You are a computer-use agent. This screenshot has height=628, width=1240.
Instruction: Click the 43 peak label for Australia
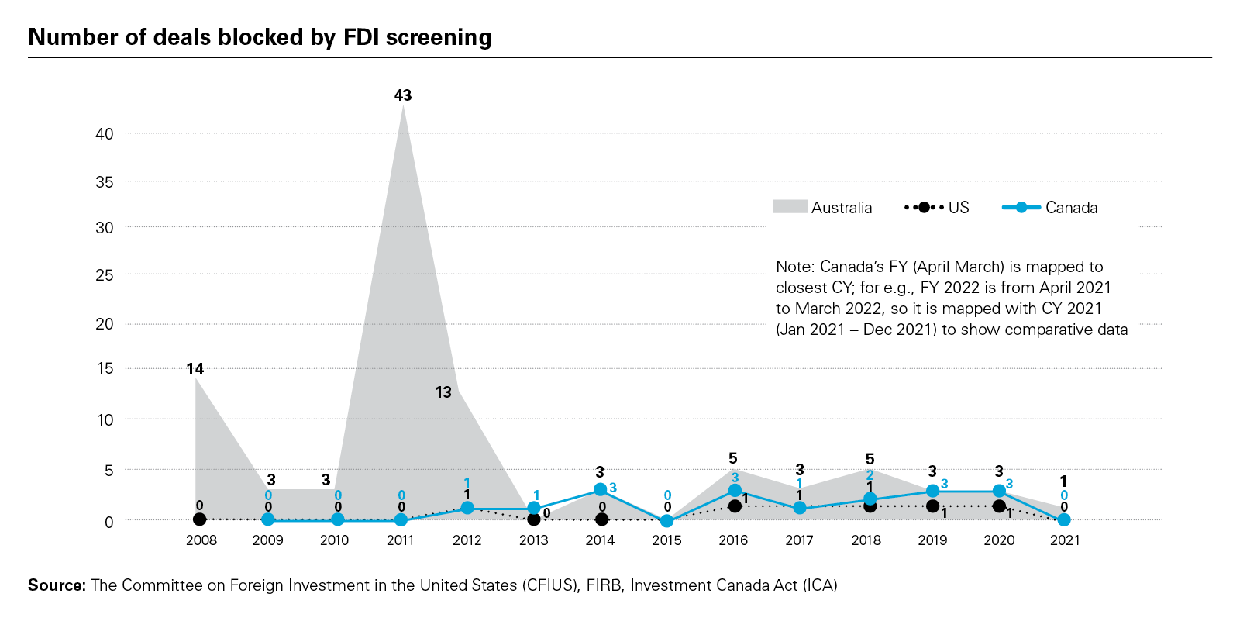tap(403, 95)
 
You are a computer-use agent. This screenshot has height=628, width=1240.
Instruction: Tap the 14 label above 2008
tap(195, 369)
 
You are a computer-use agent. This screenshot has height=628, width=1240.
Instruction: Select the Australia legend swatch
tap(790, 207)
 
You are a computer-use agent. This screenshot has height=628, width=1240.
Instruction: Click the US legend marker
tap(924, 208)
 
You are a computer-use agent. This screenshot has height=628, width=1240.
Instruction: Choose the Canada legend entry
tap(1050, 208)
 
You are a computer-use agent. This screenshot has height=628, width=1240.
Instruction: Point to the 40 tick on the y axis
tap(105, 134)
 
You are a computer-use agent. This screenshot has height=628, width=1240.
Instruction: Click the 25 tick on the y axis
tap(105, 275)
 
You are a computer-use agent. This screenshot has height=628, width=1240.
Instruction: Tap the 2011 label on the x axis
tap(401, 540)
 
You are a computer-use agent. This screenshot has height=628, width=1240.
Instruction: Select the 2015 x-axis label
tap(666, 540)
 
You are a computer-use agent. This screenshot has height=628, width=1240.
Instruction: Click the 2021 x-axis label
tap(1065, 540)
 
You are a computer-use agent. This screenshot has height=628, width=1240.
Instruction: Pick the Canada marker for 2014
tap(601, 490)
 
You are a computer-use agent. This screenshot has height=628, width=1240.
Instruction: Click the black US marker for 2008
tap(200, 519)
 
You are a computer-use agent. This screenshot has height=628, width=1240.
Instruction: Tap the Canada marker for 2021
tap(1064, 519)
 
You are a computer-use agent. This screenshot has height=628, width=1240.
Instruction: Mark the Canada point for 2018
tap(870, 499)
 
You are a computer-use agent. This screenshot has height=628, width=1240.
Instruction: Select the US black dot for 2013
tap(533, 519)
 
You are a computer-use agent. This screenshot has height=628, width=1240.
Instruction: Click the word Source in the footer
tap(56, 585)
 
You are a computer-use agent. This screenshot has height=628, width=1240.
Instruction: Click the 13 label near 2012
tap(443, 392)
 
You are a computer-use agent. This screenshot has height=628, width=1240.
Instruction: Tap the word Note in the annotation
tap(794, 267)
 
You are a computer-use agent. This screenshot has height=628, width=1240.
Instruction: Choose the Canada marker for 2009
tap(268, 519)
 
